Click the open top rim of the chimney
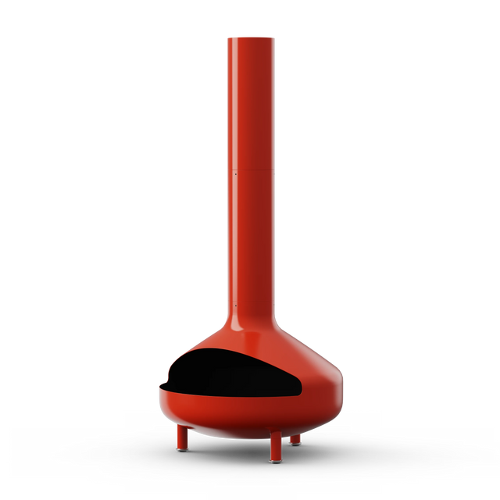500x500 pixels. [x=251, y=37]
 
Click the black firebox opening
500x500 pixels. [x=234, y=371]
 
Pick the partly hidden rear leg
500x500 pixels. [x=295, y=438]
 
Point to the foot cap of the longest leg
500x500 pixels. [x=275, y=459]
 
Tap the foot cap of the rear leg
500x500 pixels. [x=295, y=443]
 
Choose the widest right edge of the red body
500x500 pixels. [x=343, y=387]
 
